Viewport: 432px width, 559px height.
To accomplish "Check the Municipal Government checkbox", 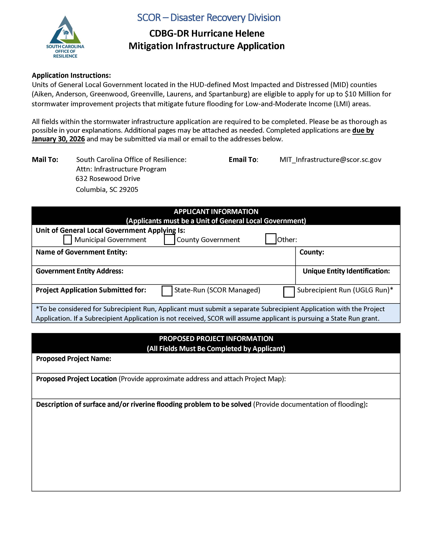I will (x=68, y=240).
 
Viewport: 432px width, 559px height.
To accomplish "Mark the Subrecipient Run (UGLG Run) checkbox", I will (x=289, y=292).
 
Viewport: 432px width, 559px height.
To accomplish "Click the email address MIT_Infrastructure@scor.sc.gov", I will (x=330, y=159).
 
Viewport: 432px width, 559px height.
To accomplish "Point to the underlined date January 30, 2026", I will (x=58, y=139).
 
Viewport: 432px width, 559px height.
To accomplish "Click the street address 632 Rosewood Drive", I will (x=108, y=178).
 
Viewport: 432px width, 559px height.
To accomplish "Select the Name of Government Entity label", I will (x=81, y=252).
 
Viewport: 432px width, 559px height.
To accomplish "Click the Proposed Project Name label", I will (x=74, y=359).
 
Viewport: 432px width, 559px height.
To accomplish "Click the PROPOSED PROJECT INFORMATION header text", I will (x=216, y=339).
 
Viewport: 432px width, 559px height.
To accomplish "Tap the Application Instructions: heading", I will (x=71, y=76).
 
